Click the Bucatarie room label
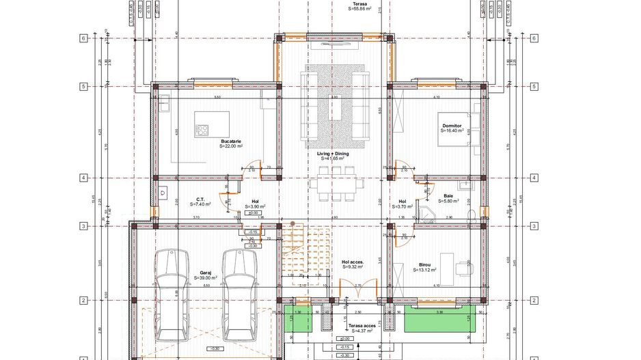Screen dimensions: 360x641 [x=230, y=141]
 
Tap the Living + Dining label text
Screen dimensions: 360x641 [x=332, y=154]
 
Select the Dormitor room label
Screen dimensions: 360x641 [x=452, y=126]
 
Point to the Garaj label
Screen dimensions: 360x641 [x=206, y=272]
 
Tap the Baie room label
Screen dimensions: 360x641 [x=448, y=195]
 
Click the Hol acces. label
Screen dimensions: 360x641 [x=353, y=262]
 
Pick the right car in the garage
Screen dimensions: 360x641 [x=238, y=294]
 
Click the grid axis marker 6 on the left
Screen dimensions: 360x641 [x=83, y=38]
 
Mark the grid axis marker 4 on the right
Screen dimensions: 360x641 [x=533, y=178]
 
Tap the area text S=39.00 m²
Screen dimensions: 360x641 [x=206, y=278]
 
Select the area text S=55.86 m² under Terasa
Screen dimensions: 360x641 [x=359, y=10]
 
